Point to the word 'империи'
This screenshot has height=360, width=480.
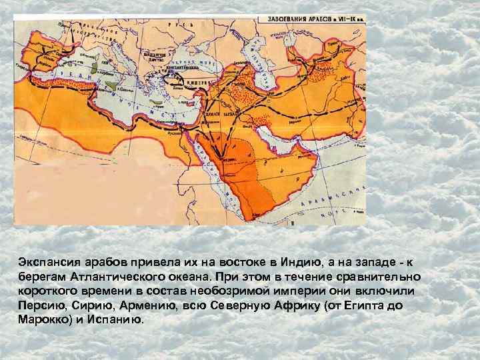click(290, 291)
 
